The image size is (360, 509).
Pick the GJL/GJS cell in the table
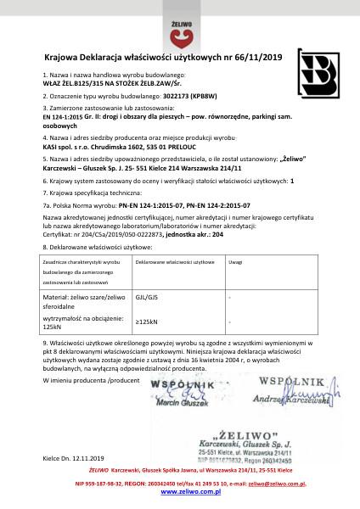click(x=147, y=298)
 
